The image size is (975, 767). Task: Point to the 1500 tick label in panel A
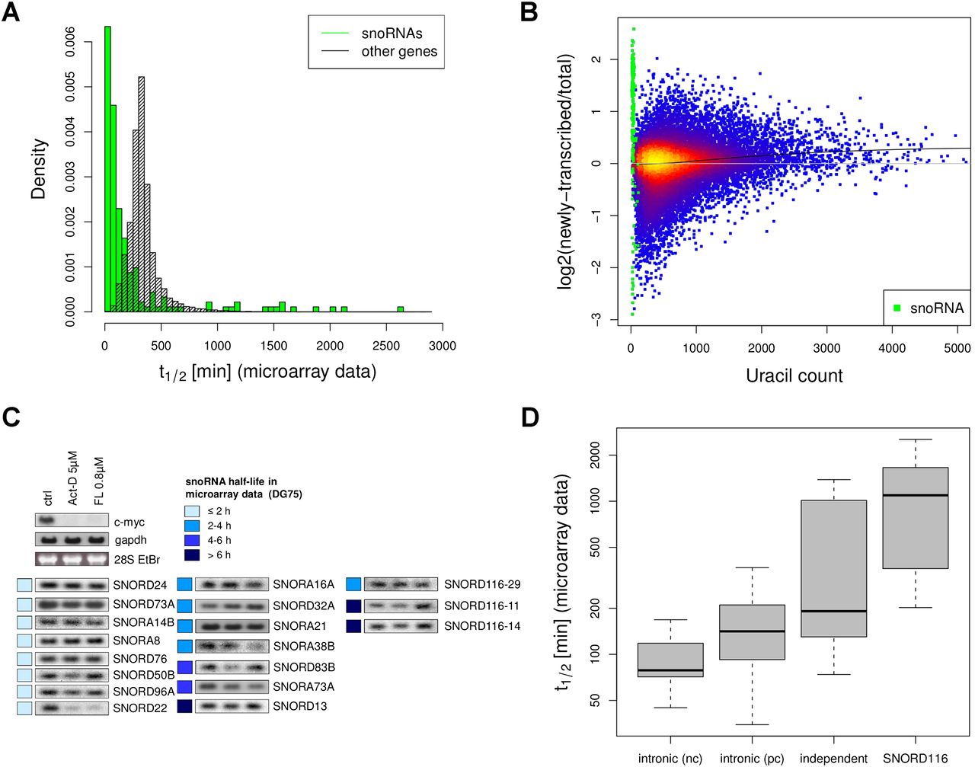coord(273,346)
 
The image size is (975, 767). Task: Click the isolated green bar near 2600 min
coord(401,309)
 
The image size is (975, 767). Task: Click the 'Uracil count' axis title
coord(794,376)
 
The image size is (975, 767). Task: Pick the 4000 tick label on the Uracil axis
coord(892,348)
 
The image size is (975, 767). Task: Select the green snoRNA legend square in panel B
coord(897,308)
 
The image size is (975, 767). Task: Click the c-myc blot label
coord(129,522)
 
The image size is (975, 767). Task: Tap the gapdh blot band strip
coord(72,539)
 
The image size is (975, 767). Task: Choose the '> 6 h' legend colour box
coord(192,555)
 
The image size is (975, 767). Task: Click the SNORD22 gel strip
coord(72,708)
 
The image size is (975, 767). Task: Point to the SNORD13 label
coord(300,706)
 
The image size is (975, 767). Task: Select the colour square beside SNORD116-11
coord(353,606)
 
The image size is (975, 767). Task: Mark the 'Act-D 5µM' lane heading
coord(73,478)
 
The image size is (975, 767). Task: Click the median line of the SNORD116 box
coord(915,495)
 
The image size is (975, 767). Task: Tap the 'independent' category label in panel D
coord(833,759)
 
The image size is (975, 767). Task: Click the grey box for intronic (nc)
coord(670,660)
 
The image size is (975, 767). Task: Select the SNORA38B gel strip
coord(232,646)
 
